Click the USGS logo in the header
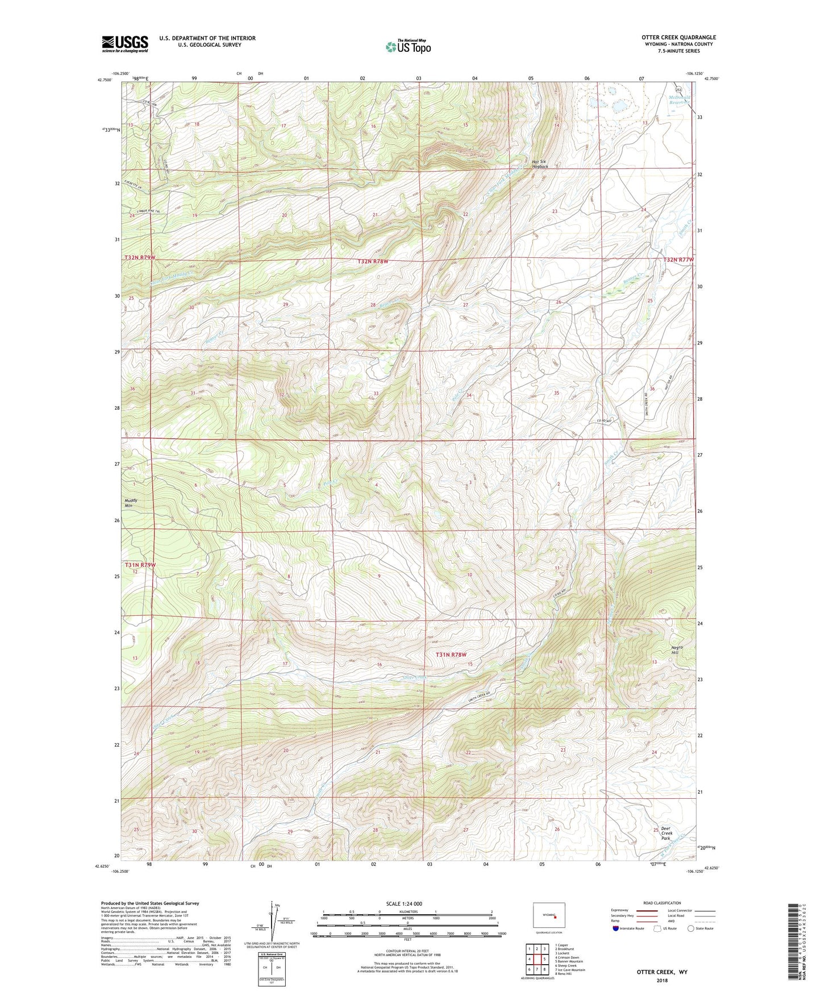(124, 44)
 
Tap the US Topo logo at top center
(408, 46)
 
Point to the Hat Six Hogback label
(540, 164)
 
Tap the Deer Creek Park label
(665, 833)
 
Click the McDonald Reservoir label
(680, 100)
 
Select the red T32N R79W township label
(140, 258)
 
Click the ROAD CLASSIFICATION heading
(662, 903)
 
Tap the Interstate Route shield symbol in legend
(616, 928)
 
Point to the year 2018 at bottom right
(662, 980)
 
